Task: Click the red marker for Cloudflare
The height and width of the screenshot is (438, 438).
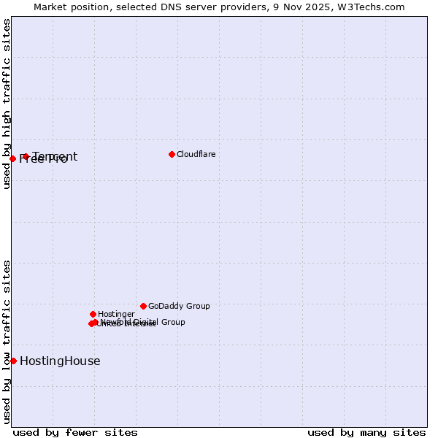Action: click(x=172, y=154)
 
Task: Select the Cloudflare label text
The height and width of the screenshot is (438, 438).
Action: click(x=196, y=154)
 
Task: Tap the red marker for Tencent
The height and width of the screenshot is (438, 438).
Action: click(x=26, y=156)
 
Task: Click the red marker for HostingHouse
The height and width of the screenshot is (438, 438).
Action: click(x=13, y=361)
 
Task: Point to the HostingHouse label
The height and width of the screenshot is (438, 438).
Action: click(x=60, y=361)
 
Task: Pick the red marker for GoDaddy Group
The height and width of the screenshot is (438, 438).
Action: click(x=143, y=306)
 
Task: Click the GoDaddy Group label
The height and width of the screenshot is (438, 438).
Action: click(x=179, y=306)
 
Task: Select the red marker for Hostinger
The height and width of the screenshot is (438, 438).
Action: click(x=93, y=314)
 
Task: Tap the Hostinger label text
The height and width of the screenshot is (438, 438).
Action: click(x=116, y=314)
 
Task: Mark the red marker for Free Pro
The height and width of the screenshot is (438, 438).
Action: click(x=12, y=158)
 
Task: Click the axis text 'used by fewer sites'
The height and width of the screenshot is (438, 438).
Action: click(x=75, y=432)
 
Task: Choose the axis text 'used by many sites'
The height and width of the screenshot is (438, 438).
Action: click(x=366, y=432)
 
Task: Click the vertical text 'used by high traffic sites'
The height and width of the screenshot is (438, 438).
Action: click(x=7, y=104)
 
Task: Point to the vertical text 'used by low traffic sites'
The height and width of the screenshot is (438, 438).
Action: click(x=7, y=342)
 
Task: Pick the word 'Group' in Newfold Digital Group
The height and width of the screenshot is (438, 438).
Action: click(x=172, y=322)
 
